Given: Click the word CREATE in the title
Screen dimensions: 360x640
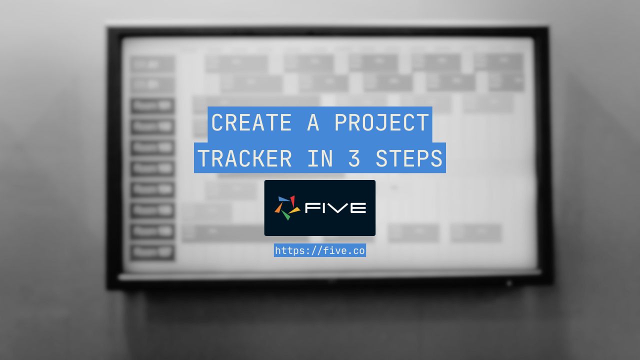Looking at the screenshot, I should (x=251, y=122).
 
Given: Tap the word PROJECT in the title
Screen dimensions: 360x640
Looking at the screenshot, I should (x=381, y=122).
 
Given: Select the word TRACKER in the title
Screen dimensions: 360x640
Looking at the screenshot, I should (x=244, y=158).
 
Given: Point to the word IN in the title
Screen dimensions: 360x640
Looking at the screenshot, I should (x=320, y=158).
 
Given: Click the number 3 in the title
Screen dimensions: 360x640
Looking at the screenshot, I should (x=354, y=158).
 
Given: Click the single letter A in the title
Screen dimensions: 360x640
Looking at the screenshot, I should (x=313, y=122).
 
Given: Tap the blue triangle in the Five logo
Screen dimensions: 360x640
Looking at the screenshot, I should (x=283, y=199).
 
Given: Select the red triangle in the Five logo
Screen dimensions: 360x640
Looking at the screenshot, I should (x=292, y=200).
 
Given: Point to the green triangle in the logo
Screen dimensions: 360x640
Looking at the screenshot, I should (x=285, y=215).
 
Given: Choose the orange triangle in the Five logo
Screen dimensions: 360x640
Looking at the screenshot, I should (x=278, y=208).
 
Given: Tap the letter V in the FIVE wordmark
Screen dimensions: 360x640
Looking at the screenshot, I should (x=337, y=207).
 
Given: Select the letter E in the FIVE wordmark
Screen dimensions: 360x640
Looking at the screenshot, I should (x=358, y=207).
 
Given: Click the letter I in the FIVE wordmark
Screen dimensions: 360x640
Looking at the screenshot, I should (x=324, y=207).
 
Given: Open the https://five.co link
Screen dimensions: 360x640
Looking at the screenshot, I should (x=320, y=250).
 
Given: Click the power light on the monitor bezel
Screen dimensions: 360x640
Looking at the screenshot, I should (x=509, y=283).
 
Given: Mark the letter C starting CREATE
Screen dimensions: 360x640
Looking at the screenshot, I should (x=217, y=122).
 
